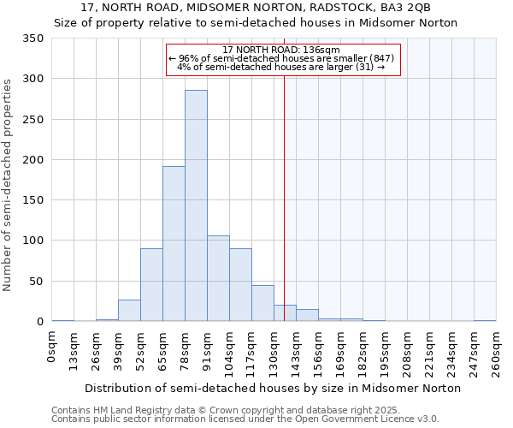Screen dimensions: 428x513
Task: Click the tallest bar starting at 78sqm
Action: [x=196, y=205]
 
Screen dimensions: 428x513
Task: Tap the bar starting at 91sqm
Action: [x=218, y=278]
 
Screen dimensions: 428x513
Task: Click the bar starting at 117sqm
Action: [x=262, y=303]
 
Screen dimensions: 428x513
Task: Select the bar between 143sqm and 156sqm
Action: [x=307, y=315]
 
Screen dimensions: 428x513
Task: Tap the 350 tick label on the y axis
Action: [x=33, y=39]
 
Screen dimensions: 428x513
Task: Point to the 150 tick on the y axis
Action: [x=33, y=200]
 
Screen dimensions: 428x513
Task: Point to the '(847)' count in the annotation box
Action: [x=381, y=58]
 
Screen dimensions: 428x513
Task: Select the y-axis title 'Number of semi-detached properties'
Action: [x=8, y=184]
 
